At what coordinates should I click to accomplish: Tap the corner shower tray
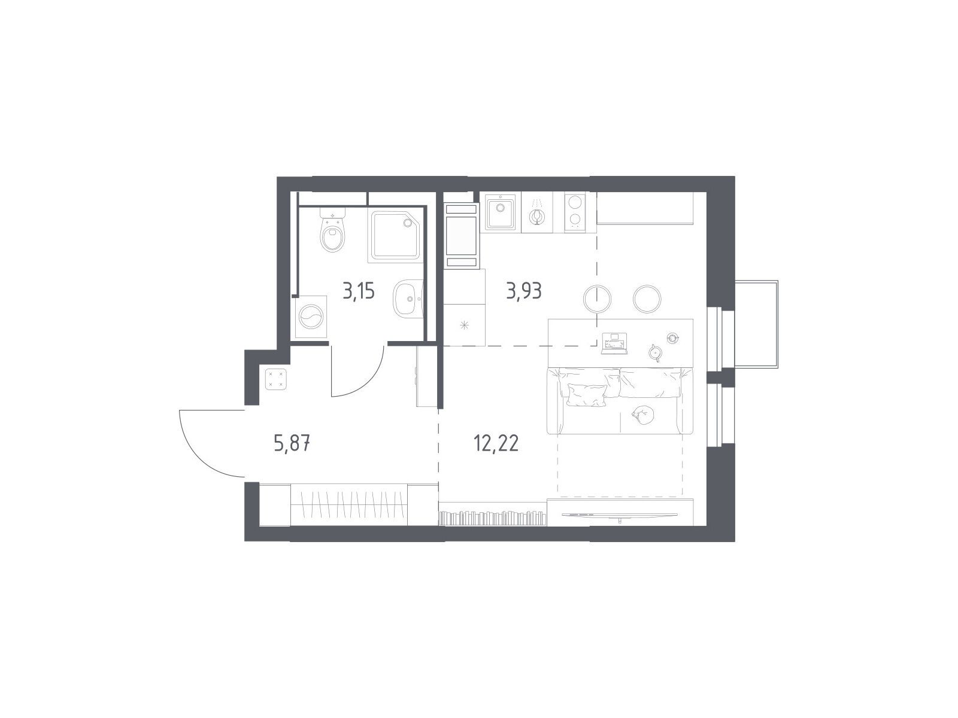pos(395,236)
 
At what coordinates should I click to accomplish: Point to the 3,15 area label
pos(358,291)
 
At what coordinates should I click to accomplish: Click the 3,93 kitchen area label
pos(524,291)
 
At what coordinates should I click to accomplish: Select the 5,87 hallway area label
pos(292,445)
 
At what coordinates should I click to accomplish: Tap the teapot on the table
pos(653,352)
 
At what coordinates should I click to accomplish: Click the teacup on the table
pos(672,337)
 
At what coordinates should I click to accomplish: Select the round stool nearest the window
pos(647,299)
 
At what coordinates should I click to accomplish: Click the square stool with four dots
pos(275,378)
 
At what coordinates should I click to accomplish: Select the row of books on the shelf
pos(492,518)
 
